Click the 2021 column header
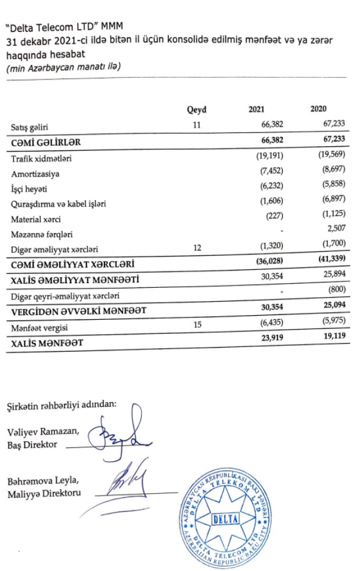point(256,109)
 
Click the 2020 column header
point(319,109)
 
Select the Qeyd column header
point(197,110)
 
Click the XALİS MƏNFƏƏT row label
point(46,344)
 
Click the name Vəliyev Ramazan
point(44,431)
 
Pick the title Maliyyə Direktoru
point(44,494)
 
